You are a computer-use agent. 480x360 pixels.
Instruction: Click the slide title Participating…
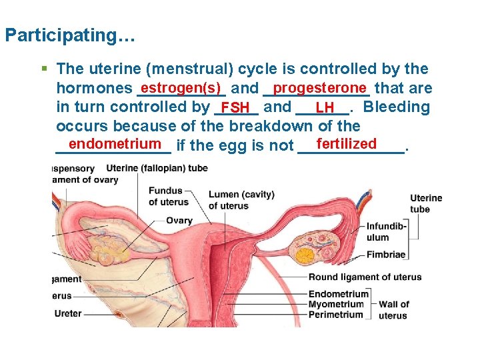click(69, 35)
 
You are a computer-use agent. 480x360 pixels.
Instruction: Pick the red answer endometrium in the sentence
click(115, 144)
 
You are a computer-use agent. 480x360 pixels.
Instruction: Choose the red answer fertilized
click(347, 144)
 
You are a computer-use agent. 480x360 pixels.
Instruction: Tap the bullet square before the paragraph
click(44, 68)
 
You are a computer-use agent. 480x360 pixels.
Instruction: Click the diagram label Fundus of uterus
click(165, 197)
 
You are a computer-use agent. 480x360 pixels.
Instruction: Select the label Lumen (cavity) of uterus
click(241, 200)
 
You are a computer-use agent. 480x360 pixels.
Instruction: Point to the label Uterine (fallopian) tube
click(157, 168)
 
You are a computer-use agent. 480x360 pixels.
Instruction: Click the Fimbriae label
click(385, 254)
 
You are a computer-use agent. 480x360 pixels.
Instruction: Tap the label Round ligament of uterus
click(365, 277)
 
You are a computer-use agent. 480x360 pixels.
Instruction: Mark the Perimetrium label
click(336, 315)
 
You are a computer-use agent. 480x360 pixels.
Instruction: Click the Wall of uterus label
click(393, 310)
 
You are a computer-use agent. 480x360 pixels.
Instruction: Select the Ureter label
click(68, 313)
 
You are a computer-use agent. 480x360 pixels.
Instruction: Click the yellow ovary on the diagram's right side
click(306, 254)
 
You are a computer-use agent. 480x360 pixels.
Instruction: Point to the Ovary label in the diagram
click(179, 221)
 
